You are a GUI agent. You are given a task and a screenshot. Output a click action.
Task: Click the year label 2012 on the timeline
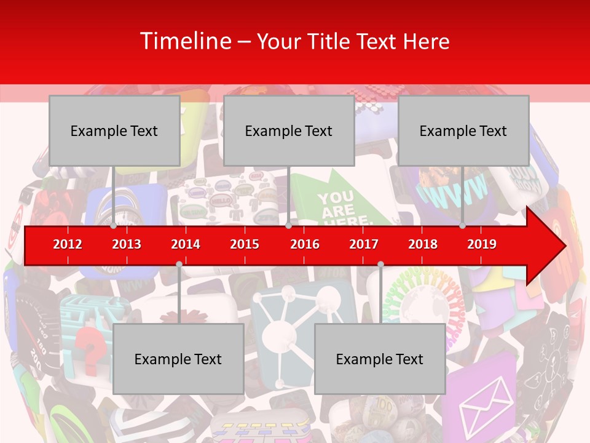point(68,244)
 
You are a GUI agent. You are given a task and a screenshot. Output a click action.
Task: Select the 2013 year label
point(127,244)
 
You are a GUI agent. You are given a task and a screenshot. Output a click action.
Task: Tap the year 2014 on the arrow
point(186,244)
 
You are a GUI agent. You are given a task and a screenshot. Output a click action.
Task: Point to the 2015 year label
point(245,244)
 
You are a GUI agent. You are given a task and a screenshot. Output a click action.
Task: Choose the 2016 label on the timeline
point(305,244)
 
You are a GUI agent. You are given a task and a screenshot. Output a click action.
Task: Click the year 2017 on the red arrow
point(364,244)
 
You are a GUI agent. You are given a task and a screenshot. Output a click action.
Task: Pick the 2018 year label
point(423,244)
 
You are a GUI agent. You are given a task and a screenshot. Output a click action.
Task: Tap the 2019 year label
point(482,244)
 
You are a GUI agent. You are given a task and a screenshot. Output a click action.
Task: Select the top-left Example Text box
point(114,131)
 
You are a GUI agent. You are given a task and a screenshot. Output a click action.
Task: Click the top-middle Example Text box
point(289,131)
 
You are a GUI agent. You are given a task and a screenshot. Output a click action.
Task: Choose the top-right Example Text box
point(463,131)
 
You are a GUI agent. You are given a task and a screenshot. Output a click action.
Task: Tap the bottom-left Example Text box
point(178,359)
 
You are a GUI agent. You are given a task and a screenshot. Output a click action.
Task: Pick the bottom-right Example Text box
point(380,359)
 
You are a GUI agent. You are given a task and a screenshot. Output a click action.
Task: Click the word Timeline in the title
point(186,41)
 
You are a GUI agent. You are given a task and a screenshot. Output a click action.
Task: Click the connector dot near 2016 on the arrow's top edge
point(288,226)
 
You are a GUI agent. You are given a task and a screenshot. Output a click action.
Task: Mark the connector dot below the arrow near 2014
point(179,265)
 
